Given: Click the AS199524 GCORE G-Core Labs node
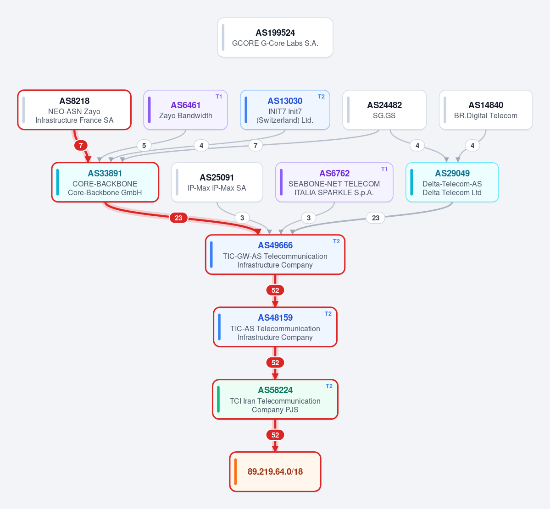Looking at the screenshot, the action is pos(275,38).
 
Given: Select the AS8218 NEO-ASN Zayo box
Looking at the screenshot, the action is pos(74,110).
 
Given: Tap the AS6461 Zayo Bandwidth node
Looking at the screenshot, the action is pos(186,110).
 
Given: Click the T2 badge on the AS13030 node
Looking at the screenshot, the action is pos(321,97).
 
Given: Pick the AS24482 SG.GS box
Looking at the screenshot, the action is pos(384,110).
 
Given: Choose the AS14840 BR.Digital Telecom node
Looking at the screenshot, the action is pos(486,110).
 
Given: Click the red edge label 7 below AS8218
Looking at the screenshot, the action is pos(81,145).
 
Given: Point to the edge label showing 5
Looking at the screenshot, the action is pos(144,145).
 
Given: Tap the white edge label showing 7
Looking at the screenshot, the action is pos(256,145).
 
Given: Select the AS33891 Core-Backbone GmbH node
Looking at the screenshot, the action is pos(105,182).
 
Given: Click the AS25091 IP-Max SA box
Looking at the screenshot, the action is pos(217,182).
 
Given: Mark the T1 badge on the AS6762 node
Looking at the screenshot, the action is pos(384,169).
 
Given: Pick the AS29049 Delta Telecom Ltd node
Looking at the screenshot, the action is pos(452,182).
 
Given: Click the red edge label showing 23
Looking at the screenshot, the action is pos(178,218).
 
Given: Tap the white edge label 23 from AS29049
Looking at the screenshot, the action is pos(376,218).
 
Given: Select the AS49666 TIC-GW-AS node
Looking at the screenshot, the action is pos(275,255).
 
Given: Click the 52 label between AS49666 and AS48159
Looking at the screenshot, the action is pos(275,290).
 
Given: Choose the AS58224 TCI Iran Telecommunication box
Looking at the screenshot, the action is pos(275,400).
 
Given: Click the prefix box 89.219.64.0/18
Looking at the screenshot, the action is pos(275,471).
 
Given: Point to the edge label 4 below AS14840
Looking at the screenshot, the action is pos(472,145).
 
